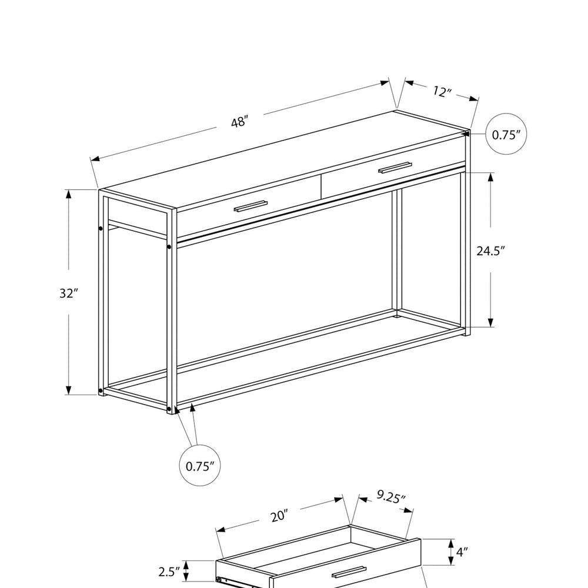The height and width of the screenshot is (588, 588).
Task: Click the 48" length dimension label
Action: pyautogui.click(x=240, y=122)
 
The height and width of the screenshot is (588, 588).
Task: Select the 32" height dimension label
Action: pyautogui.click(x=68, y=293)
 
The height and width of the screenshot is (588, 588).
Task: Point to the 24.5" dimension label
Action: pyautogui.click(x=491, y=250)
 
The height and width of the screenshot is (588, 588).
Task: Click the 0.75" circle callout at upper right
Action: pyautogui.click(x=506, y=134)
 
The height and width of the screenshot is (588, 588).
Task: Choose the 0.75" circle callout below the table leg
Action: pyautogui.click(x=200, y=465)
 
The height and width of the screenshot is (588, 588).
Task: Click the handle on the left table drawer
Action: pyautogui.click(x=251, y=206)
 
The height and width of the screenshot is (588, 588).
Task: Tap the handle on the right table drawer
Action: pyautogui.click(x=395, y=168)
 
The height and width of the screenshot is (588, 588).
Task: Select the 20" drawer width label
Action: pyautogui.click(x=279, y=516)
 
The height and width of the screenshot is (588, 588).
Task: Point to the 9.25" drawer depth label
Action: pyautogui.click(x=391, y=497)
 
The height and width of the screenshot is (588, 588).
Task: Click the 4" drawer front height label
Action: pyautogui.click(x=462, y=552)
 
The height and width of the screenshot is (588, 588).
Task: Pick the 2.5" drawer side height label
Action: pyautogui.click(x=169, y=572)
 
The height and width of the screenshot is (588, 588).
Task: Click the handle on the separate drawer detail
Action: pyautogui.click(x=349, y=572)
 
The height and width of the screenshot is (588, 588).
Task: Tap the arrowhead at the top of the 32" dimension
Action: pyautogui.click(x=68, y=194)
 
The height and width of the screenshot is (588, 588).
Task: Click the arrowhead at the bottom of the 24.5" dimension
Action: pyautogui.click(x=490, y=322)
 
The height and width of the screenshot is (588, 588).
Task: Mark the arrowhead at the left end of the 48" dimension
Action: pyautogui.click(x=95, y=159)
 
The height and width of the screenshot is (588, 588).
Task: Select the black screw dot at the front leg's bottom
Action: pyautogui.click(x=169, y=408)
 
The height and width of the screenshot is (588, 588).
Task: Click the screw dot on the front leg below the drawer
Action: pyautogui.click(x=169, y=247)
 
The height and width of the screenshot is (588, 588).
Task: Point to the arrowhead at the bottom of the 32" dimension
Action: pyautogui.click(x=68, y=390)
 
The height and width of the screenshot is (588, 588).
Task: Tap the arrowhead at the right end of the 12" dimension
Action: pyautogui.click(x=474, y=99)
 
